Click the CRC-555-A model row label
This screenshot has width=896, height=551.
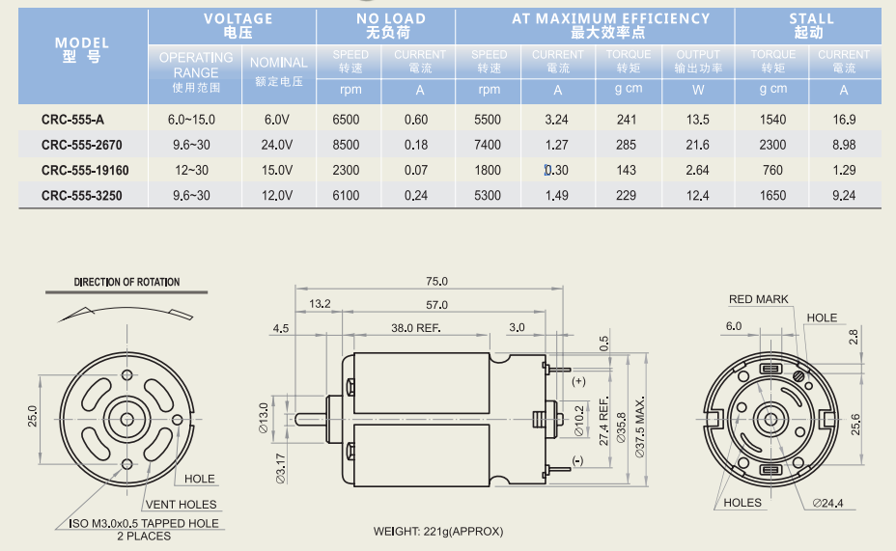(72, 120)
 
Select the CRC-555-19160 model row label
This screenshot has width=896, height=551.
(85, 170)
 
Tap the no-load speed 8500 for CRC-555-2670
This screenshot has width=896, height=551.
(346, 145)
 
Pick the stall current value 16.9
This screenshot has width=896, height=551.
(844, 120)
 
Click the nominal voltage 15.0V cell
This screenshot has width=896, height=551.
(277, 170)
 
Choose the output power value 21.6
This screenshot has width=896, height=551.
(697, 145)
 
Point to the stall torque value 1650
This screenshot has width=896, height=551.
(772, 195)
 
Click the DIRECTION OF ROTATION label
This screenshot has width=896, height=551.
(126, 283)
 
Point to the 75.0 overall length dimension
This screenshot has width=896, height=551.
(436, 282)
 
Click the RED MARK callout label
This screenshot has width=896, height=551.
(758, 299)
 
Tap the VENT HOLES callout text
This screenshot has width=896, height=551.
(182, 505)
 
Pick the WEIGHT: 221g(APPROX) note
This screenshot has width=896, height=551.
(438, 531)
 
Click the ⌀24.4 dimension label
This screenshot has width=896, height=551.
(828, 503)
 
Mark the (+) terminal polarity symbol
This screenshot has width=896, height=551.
(579, 382)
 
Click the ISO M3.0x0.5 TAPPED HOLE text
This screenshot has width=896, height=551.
(144, 524)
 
